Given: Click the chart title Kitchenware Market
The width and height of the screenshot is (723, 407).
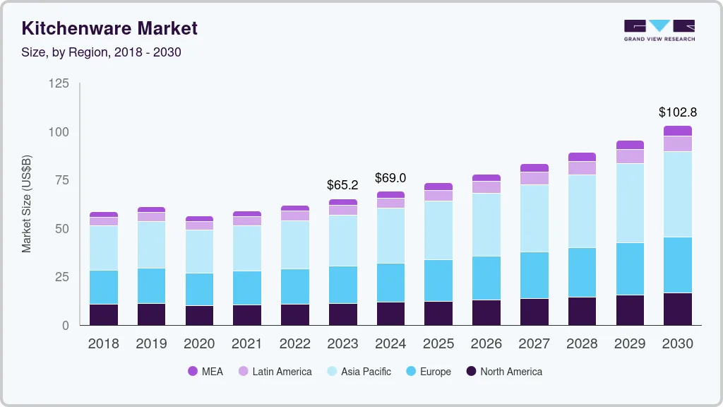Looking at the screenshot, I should coord(109,28).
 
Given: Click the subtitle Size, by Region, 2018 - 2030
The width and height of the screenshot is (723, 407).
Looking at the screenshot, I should coord(101,52).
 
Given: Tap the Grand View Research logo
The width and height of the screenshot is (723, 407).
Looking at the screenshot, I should coord(659,30).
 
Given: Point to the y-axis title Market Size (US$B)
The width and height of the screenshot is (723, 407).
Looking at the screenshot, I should coord(27,203).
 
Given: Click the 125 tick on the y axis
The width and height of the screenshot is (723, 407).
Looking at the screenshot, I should coord(59,83).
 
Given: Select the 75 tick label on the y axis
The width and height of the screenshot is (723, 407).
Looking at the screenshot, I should coord(61,180).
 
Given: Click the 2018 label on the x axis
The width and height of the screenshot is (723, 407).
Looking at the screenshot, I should coord(103,343).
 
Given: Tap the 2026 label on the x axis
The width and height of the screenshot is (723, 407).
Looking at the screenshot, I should coord(486,343).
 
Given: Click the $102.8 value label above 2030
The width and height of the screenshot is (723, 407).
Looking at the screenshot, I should coord(678,112).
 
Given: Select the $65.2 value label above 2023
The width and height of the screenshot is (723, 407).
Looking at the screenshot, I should coord(342,185).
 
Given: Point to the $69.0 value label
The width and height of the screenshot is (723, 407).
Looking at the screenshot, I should coord(390,177).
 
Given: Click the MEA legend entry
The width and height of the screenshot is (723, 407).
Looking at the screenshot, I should coord(205,371).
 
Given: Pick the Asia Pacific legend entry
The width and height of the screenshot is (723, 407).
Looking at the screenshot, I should coord(358,371).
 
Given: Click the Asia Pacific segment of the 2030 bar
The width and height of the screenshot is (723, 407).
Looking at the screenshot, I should coord(678,194).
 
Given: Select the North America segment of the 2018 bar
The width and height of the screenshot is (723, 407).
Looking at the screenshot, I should coord(104,314).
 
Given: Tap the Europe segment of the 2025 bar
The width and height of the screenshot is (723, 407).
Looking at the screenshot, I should coord(438,281).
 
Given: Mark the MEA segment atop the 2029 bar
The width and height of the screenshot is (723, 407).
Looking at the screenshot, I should coord(630,145).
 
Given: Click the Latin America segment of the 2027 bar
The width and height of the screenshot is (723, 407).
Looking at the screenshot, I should coord(534,178).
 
